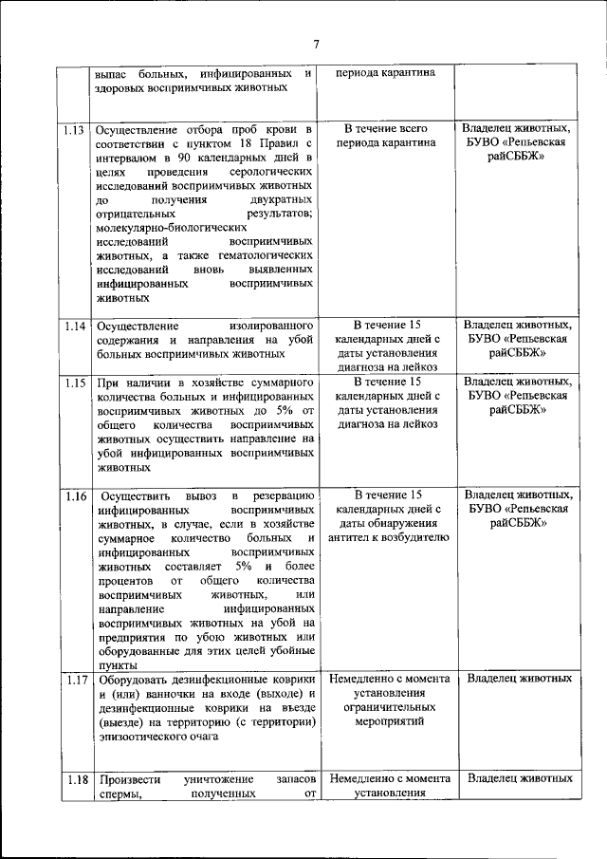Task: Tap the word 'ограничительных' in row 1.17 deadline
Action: pos(389,707)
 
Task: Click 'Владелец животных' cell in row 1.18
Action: pos(520,778)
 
